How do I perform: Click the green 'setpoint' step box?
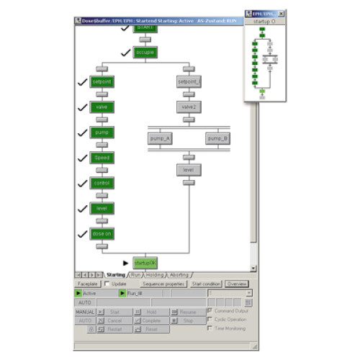pyautogui.click(x=101, y=82)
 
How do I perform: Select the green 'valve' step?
pyautogui.click(x=101, y=107)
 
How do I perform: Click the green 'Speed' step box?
pyautogui.click(x=101, y=158)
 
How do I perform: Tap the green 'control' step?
pyautogui.click(x=101, y=183)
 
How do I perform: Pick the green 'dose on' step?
pyautogui.click(x=101, y=233)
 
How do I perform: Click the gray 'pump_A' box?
pyautogui.click(x=160, y=138)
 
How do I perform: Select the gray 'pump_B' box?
pyautogui.click(x=217, y=138)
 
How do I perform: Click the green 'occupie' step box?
pyautogui.click(x=144, y=53)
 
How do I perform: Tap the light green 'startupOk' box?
pyautogui.click(x=145, y=263)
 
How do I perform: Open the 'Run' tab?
pyautogui.click(x=135, y=274)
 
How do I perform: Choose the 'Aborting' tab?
pyautogui.click(x=179, y=274)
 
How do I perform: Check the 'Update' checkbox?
pyautogui.click(x=107, y=284)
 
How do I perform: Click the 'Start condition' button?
pyautogui.click(x=206, y=284)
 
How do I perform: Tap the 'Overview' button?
pyautogui.click(x=237, y=284)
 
